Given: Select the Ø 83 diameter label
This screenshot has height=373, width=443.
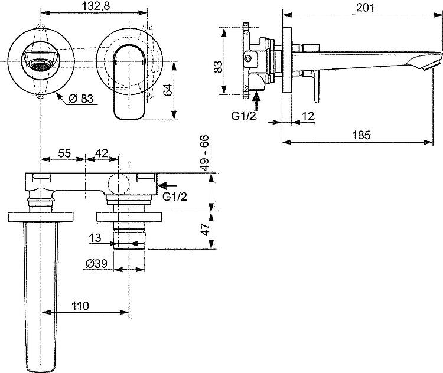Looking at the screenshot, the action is click(x=81, y=99).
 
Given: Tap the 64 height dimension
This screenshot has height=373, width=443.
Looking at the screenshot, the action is click(x=168, y=90).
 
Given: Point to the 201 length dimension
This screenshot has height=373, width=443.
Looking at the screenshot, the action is click(x=365, y=7).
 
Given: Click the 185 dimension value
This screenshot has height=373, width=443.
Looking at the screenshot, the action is click(x=361, y=135).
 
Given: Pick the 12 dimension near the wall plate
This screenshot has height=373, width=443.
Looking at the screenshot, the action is click(x=308, y=116).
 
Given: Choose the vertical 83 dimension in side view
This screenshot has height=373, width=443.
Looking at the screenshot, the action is click(x=218, y=67).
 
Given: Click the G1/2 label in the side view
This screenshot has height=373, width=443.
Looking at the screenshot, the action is click(x=243, y=116).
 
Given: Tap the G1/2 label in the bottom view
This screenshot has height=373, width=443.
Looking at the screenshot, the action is click(x=175, y=197).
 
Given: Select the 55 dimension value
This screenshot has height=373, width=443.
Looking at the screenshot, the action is click(x=64, y=153).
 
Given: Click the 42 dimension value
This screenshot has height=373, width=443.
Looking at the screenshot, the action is click(x=102, y=153).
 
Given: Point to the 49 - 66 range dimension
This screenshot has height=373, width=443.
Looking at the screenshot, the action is click(x=204, y=153).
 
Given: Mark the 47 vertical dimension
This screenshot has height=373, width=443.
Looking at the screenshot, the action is click(x=206, y=229).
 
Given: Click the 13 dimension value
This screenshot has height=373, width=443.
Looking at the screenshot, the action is click(x=95, y=238).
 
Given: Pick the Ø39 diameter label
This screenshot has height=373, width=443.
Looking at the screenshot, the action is click(x=97, y=264).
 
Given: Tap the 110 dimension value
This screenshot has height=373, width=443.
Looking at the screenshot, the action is click(x=80, y=306).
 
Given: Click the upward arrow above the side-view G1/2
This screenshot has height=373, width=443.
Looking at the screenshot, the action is click(x=256, y=101).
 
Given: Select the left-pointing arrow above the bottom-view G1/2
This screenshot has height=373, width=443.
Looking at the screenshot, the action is click(x=168, y=185).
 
